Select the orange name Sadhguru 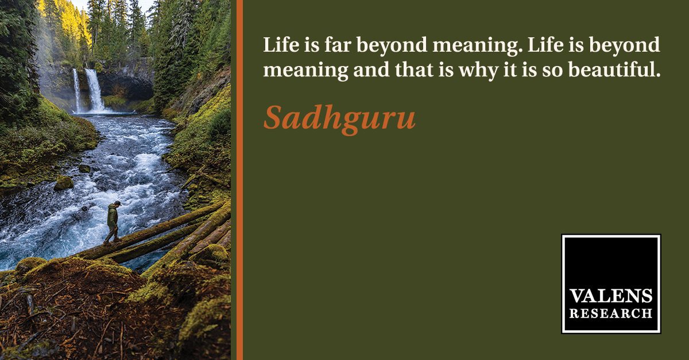click(339, 118)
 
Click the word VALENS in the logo click(611, 296)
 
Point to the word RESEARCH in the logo click(611, 313)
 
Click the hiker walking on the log click(113, 222)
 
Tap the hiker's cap click(117, 203)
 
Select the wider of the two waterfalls click(95, 91)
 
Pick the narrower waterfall click(76, 91)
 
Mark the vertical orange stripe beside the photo click(239, 180)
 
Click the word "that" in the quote click(415, 69)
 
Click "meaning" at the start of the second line click(305, 71)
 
